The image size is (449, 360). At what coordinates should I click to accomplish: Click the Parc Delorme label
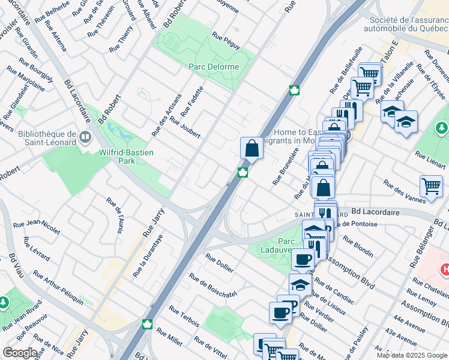[214, 67]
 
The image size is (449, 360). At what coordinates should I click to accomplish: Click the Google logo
[20, 353]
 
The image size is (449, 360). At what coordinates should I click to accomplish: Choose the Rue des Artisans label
[166, 115]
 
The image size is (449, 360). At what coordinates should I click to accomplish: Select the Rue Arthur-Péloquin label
[58, 286]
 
